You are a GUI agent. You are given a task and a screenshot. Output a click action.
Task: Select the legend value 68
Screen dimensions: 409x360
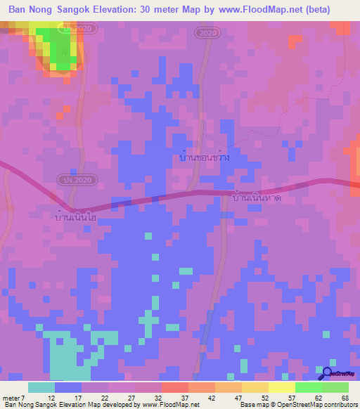pyautogui.click(x=345, y=398)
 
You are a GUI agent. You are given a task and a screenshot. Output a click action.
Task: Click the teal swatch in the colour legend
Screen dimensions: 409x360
pyautogui.click(x=41, y=387)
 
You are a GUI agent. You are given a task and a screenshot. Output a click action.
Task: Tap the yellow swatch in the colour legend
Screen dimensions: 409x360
pyautogui.click(x=281, y=387)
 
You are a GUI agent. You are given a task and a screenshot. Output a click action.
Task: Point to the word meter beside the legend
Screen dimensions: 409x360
pyautogui.click(x=11, y=398)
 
